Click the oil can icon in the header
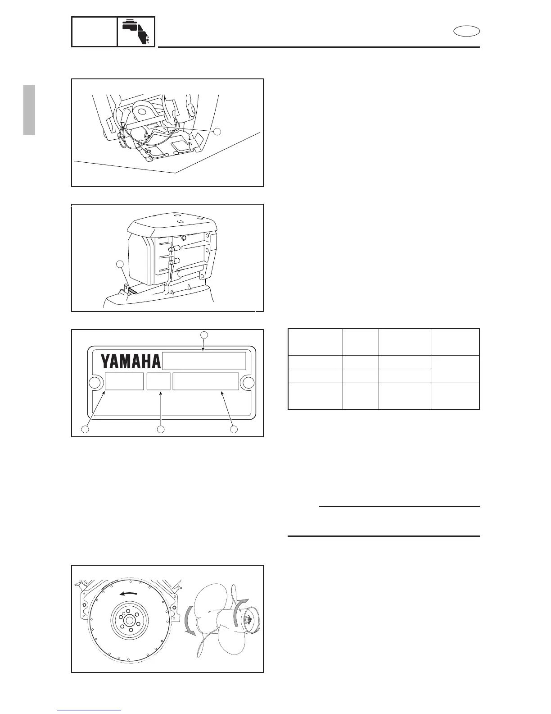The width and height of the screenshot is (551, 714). pos(136,32)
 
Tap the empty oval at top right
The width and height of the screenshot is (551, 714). pos(466,31)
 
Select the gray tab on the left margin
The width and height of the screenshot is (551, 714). pos(29,110)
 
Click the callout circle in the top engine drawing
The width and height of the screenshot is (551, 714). pos(217,131)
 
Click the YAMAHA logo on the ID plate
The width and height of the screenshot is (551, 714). pos(130,361)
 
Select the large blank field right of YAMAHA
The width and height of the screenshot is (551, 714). pos(204,361)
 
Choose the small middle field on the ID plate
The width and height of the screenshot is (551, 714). pos(158,381)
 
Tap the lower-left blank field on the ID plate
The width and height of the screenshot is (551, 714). pos(124,381)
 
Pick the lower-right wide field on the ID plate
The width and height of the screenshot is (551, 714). pos(206,381)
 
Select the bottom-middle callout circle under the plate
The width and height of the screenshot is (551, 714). pos(161,430)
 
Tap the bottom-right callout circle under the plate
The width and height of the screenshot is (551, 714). pos(234,430)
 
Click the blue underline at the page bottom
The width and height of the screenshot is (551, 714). pos(89,710)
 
